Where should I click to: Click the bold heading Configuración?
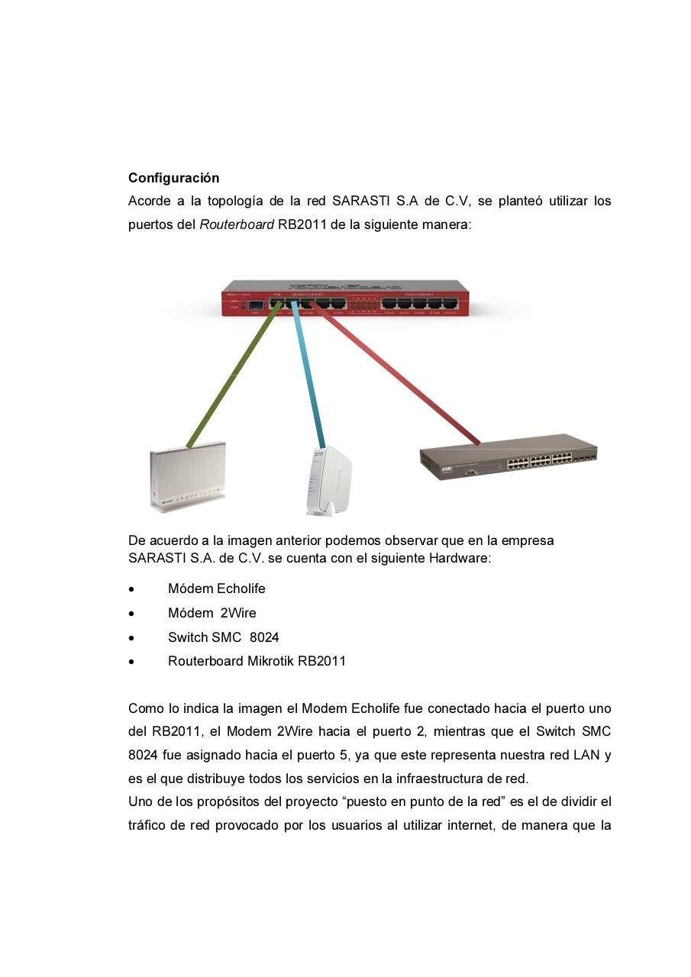pyautogui.click(x=173, y=178)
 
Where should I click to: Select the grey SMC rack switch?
pyautogui.click(x=508, y=456)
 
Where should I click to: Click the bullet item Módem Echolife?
pyautogui.click(x=217, y=588)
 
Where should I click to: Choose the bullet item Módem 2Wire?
pyautogui.click(x=212, y=613)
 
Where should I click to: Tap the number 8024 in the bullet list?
pyautogui.click(x=264, y=637)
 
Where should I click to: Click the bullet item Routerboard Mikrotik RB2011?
pyautogui.click(x=257, y=661)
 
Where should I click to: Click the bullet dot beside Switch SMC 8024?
pyautogui.click(x=133, y=638)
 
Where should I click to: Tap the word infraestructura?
pyautogui.click(x=437, y=779)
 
